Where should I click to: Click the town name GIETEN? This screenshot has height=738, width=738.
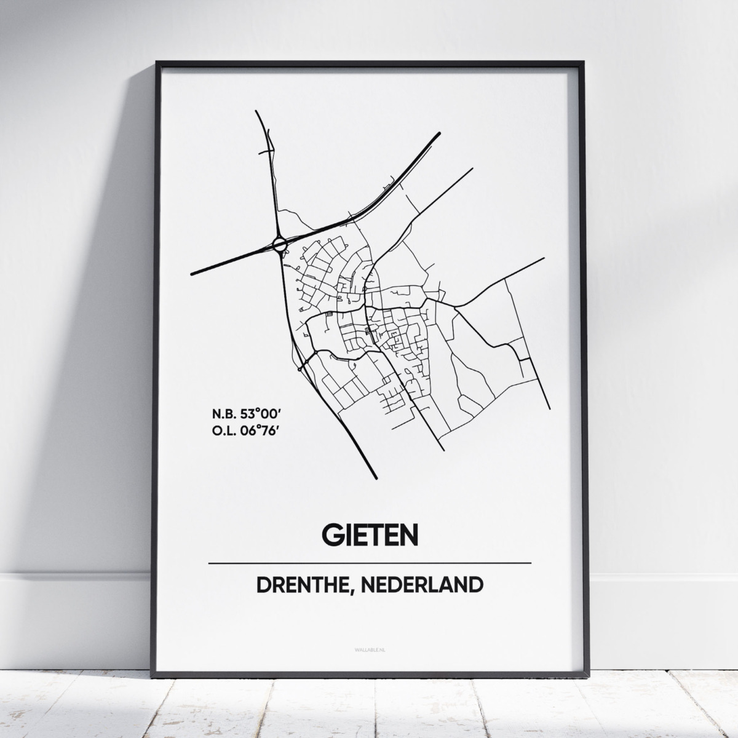click(370, 536)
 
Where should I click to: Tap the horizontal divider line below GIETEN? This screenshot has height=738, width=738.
click(370, 563)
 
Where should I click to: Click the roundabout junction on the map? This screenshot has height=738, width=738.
click(280, 245)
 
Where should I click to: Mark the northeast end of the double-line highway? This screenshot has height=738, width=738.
click(439, 133)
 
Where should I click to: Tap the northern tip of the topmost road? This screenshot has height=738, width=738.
click(255, 111)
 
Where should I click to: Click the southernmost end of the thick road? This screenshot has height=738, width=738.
click(375, 477)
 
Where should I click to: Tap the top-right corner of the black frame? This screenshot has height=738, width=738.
click(582, 62)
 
